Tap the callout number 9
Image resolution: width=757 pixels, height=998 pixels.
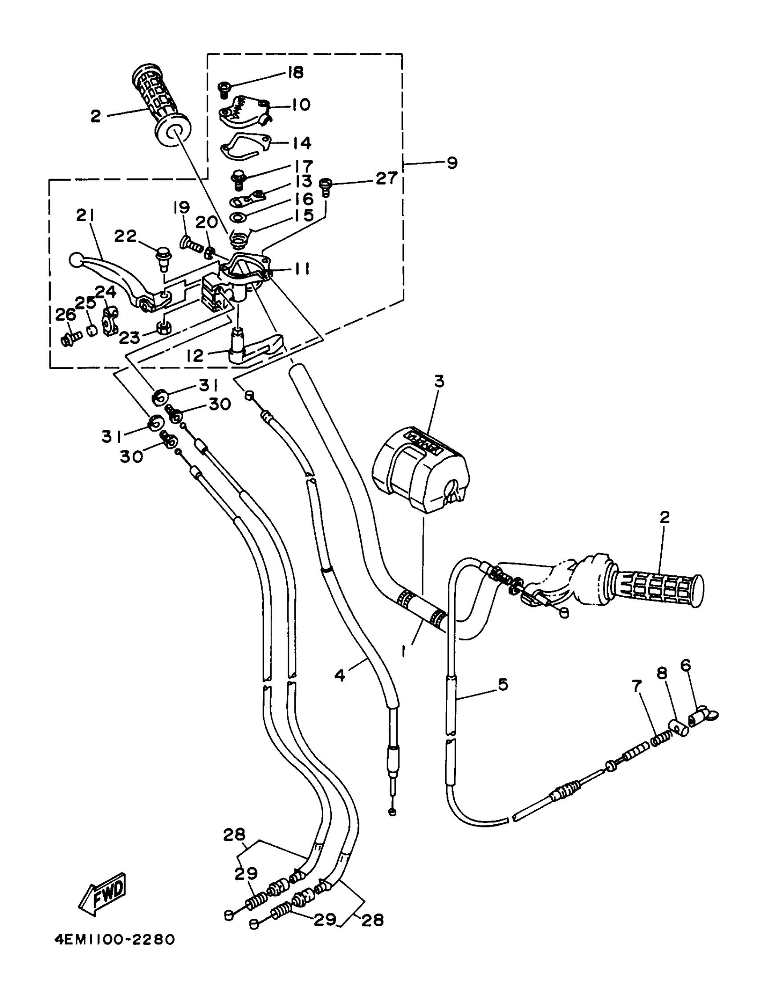452,163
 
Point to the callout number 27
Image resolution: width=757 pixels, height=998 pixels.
387,178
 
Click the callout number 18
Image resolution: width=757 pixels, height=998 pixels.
295,72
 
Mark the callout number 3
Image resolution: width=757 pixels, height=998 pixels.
439,381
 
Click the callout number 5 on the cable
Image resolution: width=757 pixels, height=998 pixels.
503,684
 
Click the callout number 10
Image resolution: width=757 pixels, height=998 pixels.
301,105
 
